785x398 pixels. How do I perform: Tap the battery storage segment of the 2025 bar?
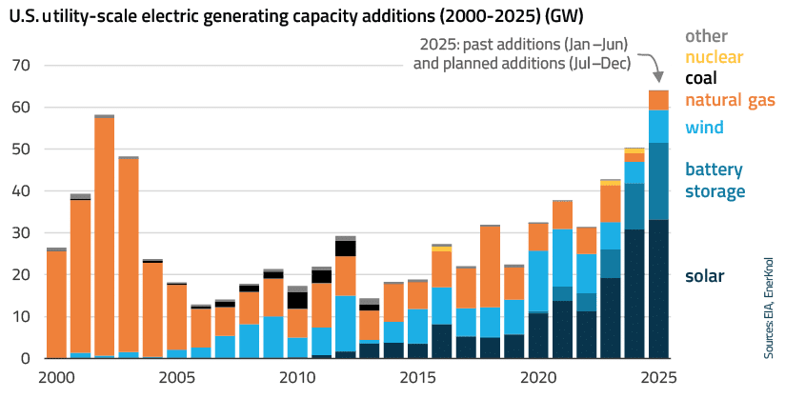[658, 181]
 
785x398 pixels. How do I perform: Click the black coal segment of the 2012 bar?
[345, 249]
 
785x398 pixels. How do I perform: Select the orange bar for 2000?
[56, 304]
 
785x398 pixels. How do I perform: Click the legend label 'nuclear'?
[714, 57]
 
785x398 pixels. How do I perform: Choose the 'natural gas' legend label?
[729, 100]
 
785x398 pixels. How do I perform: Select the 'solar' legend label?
[705, 276]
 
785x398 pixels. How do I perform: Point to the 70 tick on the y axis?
[22, 66]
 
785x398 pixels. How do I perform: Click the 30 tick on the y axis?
[22, 233]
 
